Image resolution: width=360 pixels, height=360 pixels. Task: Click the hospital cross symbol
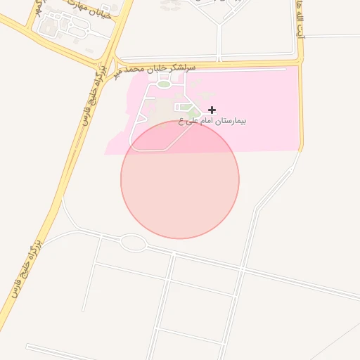pos(212,110)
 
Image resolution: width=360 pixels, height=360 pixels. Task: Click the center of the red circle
pos(180,179)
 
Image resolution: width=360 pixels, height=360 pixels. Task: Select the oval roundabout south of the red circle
pos(132,243)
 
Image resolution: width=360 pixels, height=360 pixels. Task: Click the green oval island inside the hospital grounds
pos(163,84)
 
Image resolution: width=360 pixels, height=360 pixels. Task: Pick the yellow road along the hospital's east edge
pos(302,105)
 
